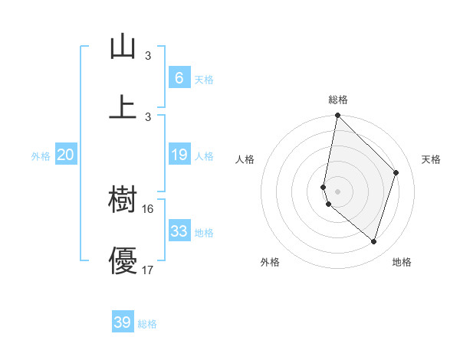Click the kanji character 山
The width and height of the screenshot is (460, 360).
(x=123, y=47)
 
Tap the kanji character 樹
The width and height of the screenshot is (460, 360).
(x=123, y=201)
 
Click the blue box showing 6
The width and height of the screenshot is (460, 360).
(x=179, y=77)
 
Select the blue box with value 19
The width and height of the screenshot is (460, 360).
(x=179, y=155)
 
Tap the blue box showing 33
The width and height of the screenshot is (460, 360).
(x=179, y=231)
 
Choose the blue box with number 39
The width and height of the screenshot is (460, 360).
(x=123, y=322)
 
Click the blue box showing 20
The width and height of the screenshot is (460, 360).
(x=65, y=155)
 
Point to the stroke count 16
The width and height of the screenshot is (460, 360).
(x=148, y=208)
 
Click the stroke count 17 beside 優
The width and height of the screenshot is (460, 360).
(x=148, y=270)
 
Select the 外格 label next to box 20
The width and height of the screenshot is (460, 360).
(x=41, y=156)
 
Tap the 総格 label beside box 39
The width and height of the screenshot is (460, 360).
(x=147, y=324)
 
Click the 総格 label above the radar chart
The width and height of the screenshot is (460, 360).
(x=338, y=100)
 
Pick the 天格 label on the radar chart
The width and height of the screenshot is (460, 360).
(x=431, y=159)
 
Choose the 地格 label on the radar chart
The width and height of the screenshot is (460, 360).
(x=402, y=262)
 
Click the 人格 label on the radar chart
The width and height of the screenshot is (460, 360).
(x=245, y=159)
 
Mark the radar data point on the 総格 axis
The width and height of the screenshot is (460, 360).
(x=337, y=116)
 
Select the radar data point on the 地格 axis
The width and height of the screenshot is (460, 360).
(x=374, y=241)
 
